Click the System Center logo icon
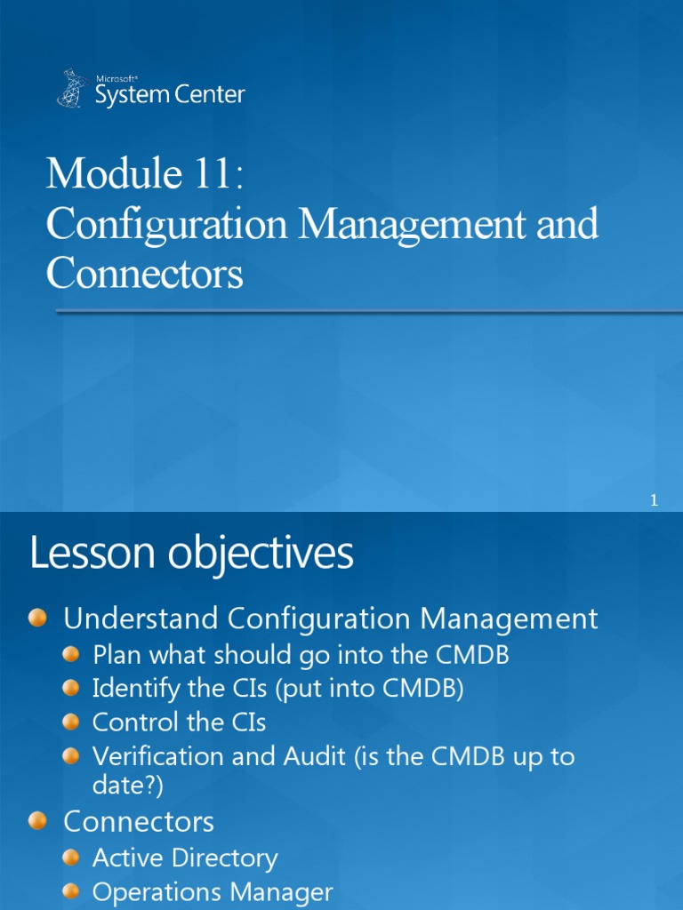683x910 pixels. click(72, 88)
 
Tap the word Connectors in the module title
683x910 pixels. click(144, 274)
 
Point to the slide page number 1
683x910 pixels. click(654, 501)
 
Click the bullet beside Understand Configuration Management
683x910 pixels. click(38, 619)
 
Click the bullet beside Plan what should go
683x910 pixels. click(72, 656)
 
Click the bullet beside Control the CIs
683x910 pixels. click(72, 722)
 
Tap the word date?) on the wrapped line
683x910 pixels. click(128, 786)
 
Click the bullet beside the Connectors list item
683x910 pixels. click(38, 821)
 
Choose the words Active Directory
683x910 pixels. click(185, 858)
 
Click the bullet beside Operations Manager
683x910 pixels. click(72, 892)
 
